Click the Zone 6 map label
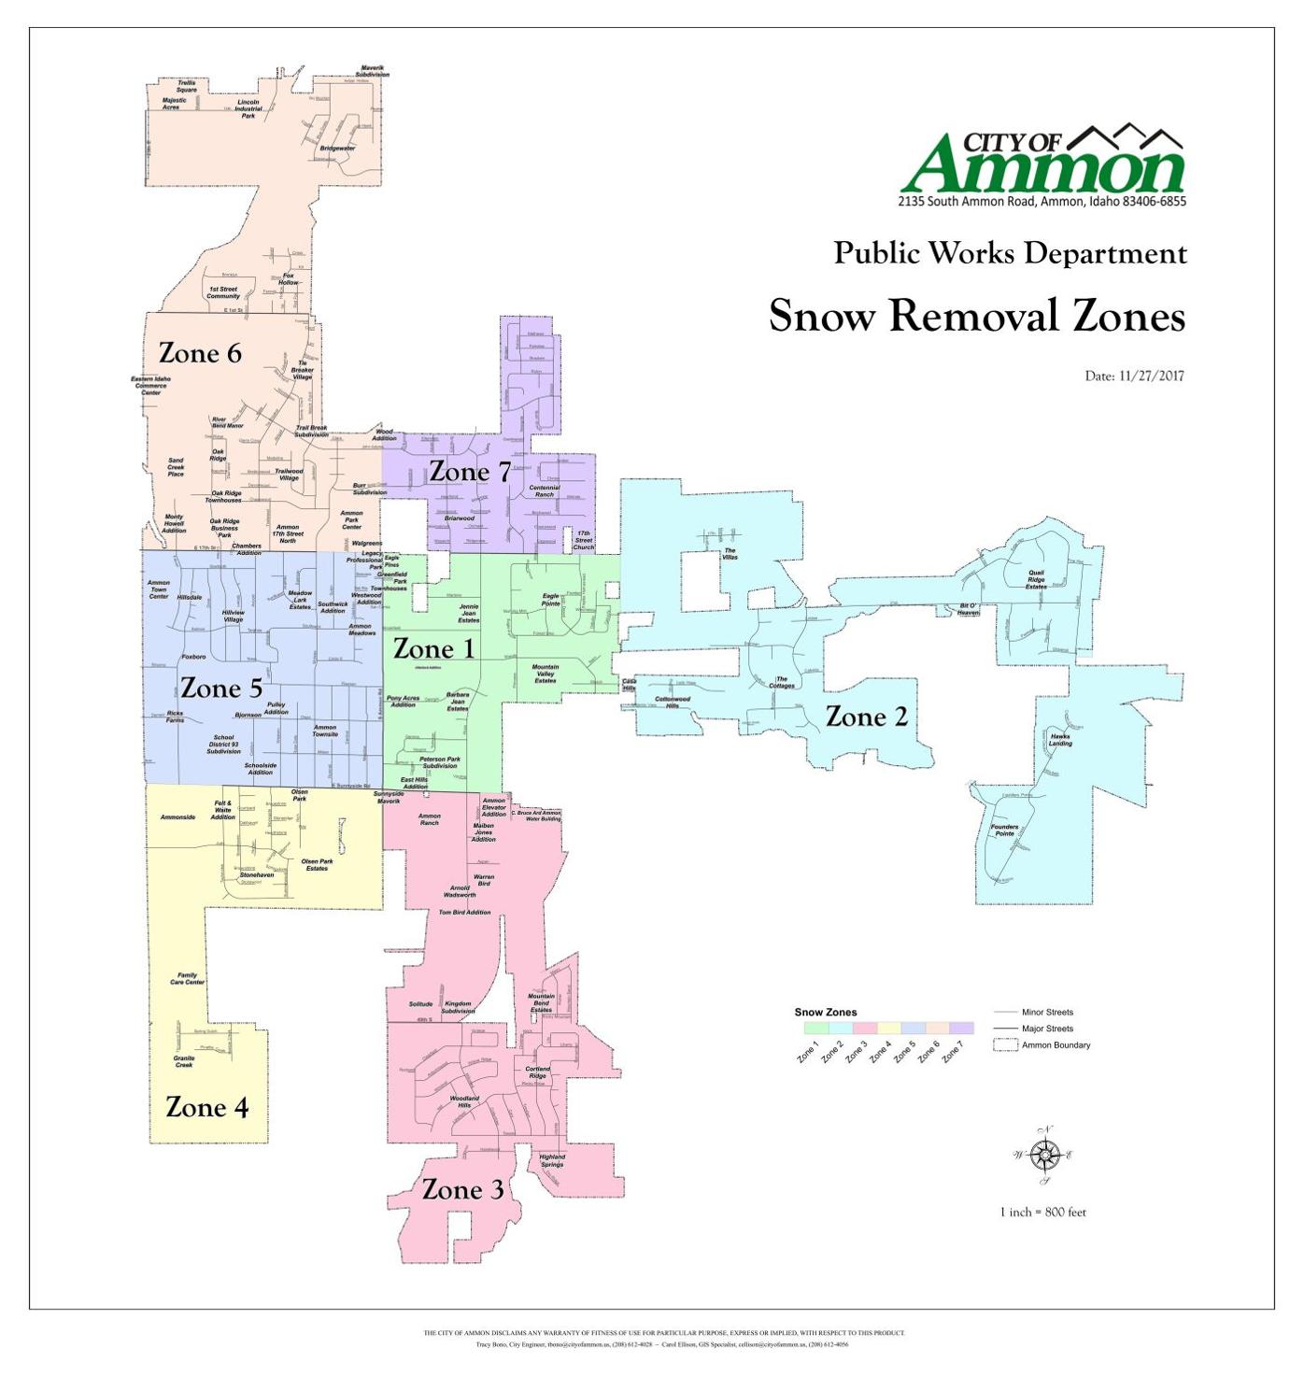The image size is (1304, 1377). tap(200, 353)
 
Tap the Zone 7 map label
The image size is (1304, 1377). tap(470, 473)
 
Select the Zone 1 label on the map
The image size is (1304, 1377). tap(433, 648)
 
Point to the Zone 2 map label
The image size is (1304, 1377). tap(866, 717)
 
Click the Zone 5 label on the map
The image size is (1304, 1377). tap(220, 688)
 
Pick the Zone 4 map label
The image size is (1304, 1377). tap(206, 1107)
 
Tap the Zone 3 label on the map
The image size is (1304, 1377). tap(462, 1189)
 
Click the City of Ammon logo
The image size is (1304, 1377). tap(1042, 166)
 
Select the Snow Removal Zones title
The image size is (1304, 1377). tap(976, 316)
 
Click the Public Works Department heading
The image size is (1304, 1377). tap(1010, 253)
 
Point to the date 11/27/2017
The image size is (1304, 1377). tap(1134, 376)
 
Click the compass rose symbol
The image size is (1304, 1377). tap(1043, 1156)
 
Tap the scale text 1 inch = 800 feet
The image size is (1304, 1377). tap(1042, 1213)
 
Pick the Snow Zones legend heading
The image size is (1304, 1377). tap(825, 1012)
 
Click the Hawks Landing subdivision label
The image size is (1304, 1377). tap(1060, 740)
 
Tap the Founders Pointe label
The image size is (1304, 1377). tap(1004, 830)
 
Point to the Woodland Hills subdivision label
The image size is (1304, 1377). tap(464, 1101)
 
